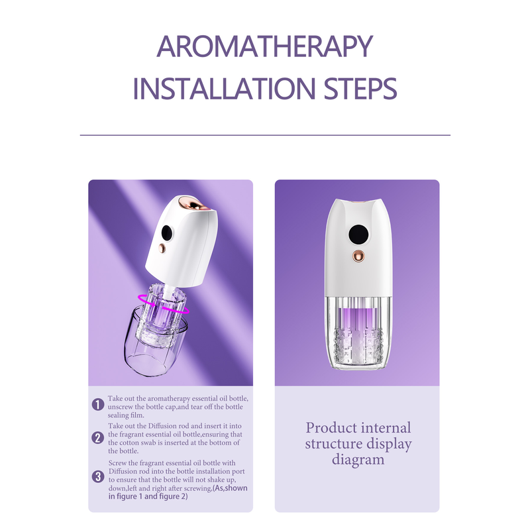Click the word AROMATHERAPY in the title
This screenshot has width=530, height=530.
point(264,46)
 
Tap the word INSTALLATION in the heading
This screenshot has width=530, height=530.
point(224,89)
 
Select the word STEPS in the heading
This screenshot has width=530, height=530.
point(360,89)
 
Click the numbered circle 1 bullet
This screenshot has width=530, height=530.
point(98,404)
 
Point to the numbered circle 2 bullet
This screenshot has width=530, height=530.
point(98,438)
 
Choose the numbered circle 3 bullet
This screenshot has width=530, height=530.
point(98,476)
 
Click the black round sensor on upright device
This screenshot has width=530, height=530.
point(358,235)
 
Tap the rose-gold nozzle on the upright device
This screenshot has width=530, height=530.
point(358,256)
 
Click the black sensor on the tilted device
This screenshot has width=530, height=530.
point(167,233)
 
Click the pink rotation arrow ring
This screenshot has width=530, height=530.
point(162,303)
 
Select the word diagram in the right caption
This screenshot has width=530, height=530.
point(358,460)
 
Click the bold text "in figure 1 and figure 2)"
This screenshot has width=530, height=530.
point(148,496)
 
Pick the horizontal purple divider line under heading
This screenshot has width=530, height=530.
point(265,135)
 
